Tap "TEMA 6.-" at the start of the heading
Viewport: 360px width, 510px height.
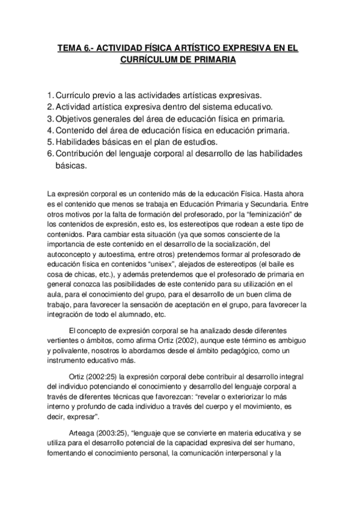point(74,48)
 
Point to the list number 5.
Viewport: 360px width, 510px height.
point(49,141)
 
